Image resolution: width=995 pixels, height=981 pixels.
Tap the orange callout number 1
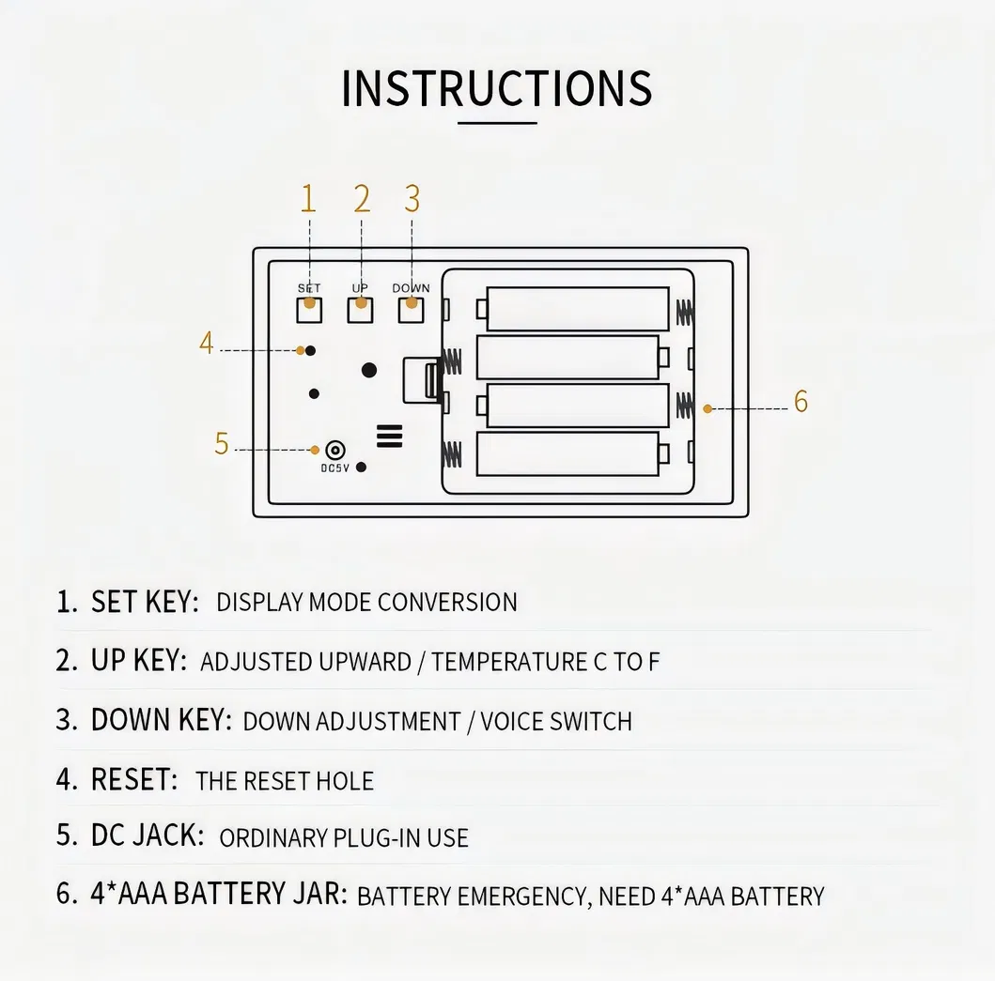pyautogui.click(x=308, y=198)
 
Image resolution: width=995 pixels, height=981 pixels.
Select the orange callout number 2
pyautogui.click(x=362, y=198)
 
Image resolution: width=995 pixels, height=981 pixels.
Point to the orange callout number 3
pyautogui.click(x=412, y=198)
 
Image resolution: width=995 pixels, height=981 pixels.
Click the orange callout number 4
pyautogui.click(x=206, y=343)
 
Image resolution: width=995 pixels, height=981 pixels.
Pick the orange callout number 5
pyautogui.click(x=222, y=443)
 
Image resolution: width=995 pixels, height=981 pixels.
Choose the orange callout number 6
pyautogui.click(x=801, y=402)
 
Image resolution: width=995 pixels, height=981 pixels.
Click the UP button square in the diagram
pyautogui.click(x=360, y=310)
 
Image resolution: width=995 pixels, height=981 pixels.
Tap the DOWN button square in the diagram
pyautogui.click(x=411, y=310)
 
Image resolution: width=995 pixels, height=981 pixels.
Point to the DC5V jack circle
pyautogui.click(x=335, y=451)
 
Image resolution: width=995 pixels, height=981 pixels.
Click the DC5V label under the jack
pyautogui.click(x=334, y=468)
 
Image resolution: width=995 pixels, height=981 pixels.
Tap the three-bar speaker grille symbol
pyautogui.click(x=389, y=437)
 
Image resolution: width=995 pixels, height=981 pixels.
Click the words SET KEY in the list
pyautogui.click(x=146, y=602)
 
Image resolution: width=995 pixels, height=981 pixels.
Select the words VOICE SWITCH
pyautogui.click(x=556, y=722)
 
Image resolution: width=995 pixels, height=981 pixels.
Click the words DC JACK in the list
pyautogui.click(x=148, y=835)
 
